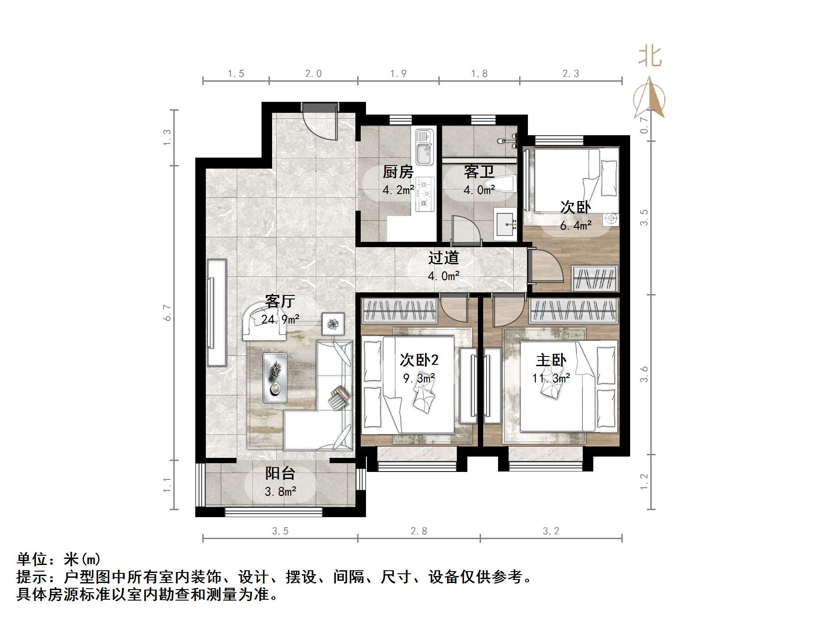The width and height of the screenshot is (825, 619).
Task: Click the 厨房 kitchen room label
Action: (x=398, y=172)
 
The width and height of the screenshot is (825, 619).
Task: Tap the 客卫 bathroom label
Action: (x=479, y=172)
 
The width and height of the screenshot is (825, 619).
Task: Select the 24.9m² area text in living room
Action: (x=280, y=319)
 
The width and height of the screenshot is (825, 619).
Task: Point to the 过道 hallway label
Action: (x=443, y=258)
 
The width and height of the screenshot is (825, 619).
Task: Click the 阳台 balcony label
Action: (x=280, y=473)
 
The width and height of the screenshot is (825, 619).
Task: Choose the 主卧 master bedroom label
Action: (x=551, y=360)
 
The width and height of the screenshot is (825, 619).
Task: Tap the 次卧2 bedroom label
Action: (x=419, y=360)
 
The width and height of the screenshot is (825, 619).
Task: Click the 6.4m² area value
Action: (x=575, y=226)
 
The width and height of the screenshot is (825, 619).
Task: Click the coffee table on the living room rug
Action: (x=275, y=378)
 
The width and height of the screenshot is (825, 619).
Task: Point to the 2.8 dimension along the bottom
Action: (x=419, y=531)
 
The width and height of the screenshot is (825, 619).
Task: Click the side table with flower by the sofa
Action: (x=333, y=324)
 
